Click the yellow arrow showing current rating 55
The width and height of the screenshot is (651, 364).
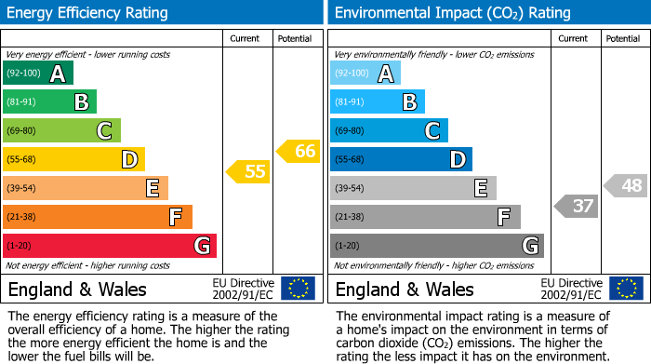pos(247,171)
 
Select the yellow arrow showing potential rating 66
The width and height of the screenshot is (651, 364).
pos(299,151)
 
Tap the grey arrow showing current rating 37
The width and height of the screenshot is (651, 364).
pos(576,206)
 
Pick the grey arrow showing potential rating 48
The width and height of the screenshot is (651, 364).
pos(626,185)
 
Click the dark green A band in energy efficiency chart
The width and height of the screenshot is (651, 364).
pos(38,74)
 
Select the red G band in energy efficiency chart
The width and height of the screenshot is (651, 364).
pos(110,246)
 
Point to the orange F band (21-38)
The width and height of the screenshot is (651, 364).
pos(98,217)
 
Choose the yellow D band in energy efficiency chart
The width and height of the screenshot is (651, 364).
pos(73,159)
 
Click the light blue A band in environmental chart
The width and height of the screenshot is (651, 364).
pos(365,74)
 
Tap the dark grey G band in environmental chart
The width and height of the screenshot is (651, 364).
pos(437,246)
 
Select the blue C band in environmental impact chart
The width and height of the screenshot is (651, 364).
pos(390,131)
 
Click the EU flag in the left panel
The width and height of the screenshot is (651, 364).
pos(298,288)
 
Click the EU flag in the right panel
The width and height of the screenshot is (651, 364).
pos(626,288)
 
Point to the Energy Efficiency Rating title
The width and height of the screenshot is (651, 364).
pos(88,13)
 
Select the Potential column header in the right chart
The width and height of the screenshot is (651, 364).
pos(623,38)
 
